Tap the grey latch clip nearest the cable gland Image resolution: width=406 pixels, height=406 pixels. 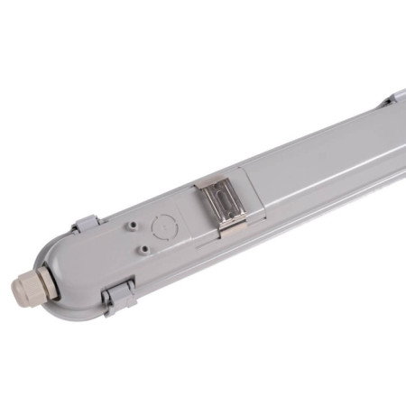coord(118,295)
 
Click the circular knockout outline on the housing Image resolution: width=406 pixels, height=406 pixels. coord(163,223)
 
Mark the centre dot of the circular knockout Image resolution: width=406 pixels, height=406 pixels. coord(163,223)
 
